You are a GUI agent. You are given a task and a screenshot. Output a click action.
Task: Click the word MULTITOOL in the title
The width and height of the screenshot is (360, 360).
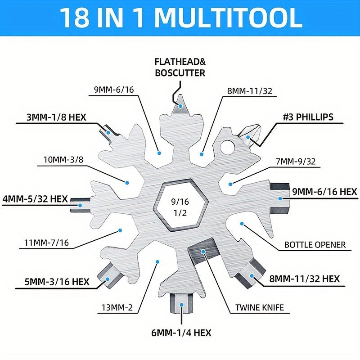tap(229, 18)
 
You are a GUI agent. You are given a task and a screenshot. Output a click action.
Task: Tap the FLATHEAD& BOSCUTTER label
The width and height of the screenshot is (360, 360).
tap(180, 67)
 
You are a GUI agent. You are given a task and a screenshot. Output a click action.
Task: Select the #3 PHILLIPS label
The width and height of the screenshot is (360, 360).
tap(308, 117)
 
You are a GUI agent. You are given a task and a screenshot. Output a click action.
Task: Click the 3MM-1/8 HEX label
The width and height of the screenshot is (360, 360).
tap(56, 117)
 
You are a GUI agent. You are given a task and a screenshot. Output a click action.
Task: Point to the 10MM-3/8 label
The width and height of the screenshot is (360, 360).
tap(63, 159)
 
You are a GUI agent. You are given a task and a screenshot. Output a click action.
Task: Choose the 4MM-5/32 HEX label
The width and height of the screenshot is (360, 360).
tap(35, 198)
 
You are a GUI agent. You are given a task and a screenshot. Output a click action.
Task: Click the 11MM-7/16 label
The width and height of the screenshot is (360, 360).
tap(47, 243)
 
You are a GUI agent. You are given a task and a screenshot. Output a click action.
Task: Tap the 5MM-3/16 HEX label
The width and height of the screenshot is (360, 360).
tap(57, 282)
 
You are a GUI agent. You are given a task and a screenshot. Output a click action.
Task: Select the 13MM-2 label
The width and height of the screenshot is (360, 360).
tap(117, 307)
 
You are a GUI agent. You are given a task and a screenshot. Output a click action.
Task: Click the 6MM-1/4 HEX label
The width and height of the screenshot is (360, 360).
tap(181, 333)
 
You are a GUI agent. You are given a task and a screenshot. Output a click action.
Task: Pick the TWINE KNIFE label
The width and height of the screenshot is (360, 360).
tap(260, 307)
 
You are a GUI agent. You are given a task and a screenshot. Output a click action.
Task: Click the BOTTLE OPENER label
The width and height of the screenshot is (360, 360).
tap(315, 245)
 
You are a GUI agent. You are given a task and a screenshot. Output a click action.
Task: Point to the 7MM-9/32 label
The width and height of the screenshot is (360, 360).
tap(296, 162)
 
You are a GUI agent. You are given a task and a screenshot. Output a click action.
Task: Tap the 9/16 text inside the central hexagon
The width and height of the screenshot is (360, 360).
tap(180, 202)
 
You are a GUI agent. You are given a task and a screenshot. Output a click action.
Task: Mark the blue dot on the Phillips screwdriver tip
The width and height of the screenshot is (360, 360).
tap(248, 137)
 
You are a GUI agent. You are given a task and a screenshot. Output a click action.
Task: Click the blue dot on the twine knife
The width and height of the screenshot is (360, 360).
tap(203, 252)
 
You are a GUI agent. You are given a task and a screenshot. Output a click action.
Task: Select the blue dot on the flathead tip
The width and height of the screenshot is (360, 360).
tap(181, 106)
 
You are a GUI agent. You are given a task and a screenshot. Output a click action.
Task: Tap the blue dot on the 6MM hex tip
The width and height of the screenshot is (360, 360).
tap(182, 305)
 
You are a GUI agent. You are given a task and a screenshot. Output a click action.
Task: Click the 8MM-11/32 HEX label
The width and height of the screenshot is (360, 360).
tap(304, 279)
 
